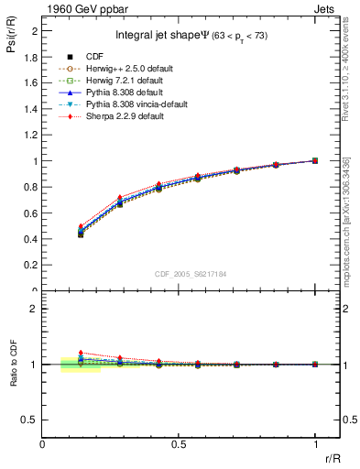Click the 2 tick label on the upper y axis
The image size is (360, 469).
(35, 30)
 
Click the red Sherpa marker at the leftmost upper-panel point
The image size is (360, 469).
(82, 226)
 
